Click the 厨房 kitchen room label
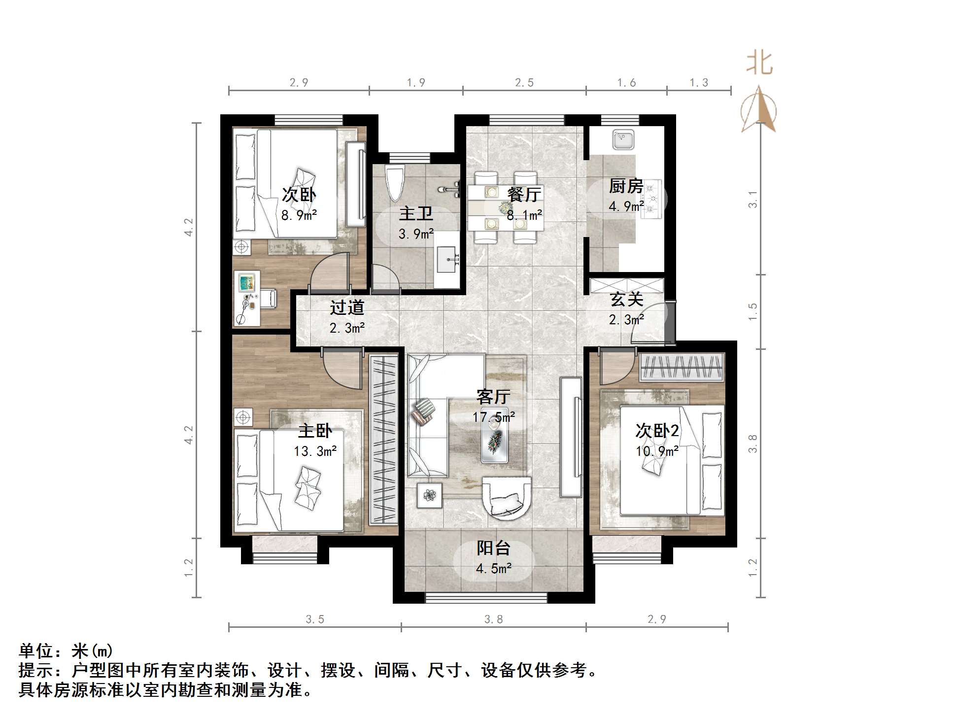pos(626,186)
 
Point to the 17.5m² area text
pos(494,417)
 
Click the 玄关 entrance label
pos(626,299)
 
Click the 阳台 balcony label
pos(493,548)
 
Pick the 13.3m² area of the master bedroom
pos(315,451)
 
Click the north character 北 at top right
pos(759,64)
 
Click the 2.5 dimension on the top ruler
pos(524,83)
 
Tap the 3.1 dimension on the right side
pos(752,199)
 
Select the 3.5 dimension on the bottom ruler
pos(315,619)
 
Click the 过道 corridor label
pos(347,308)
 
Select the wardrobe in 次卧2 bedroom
pos(682,367)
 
